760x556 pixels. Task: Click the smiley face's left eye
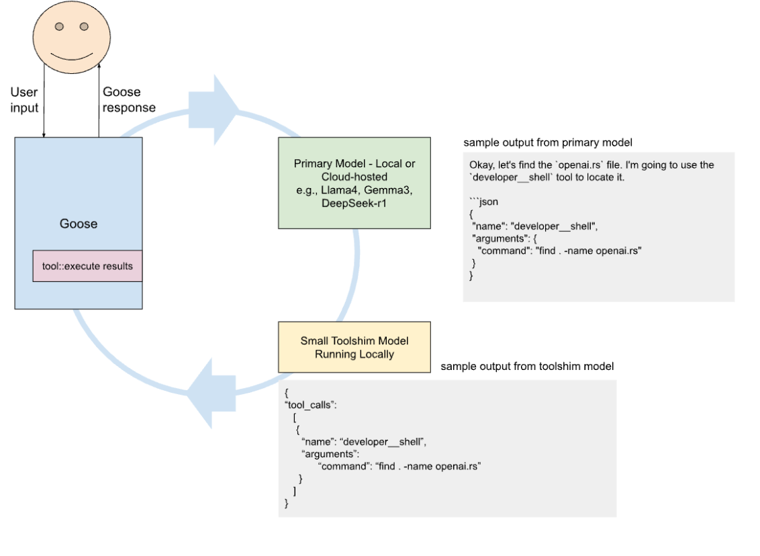coord(59,27)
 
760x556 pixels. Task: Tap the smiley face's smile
coord(71,52)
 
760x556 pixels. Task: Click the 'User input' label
coord(24,99)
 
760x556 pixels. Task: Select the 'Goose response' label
coord(129,99)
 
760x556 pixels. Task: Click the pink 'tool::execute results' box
coord(87,266)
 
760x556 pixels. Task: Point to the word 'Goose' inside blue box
coord(79,224)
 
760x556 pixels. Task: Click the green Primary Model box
coord(354,183)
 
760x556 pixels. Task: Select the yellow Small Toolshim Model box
coord(354,347)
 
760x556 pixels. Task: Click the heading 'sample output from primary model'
coord(548,143)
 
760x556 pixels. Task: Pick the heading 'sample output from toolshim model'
coord(527,367)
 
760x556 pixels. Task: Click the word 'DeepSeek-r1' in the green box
coord(354,203)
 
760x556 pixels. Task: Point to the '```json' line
coord(483,201)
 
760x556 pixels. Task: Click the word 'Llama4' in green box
coord(339,190)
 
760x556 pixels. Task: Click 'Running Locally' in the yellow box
coord(354,354)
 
